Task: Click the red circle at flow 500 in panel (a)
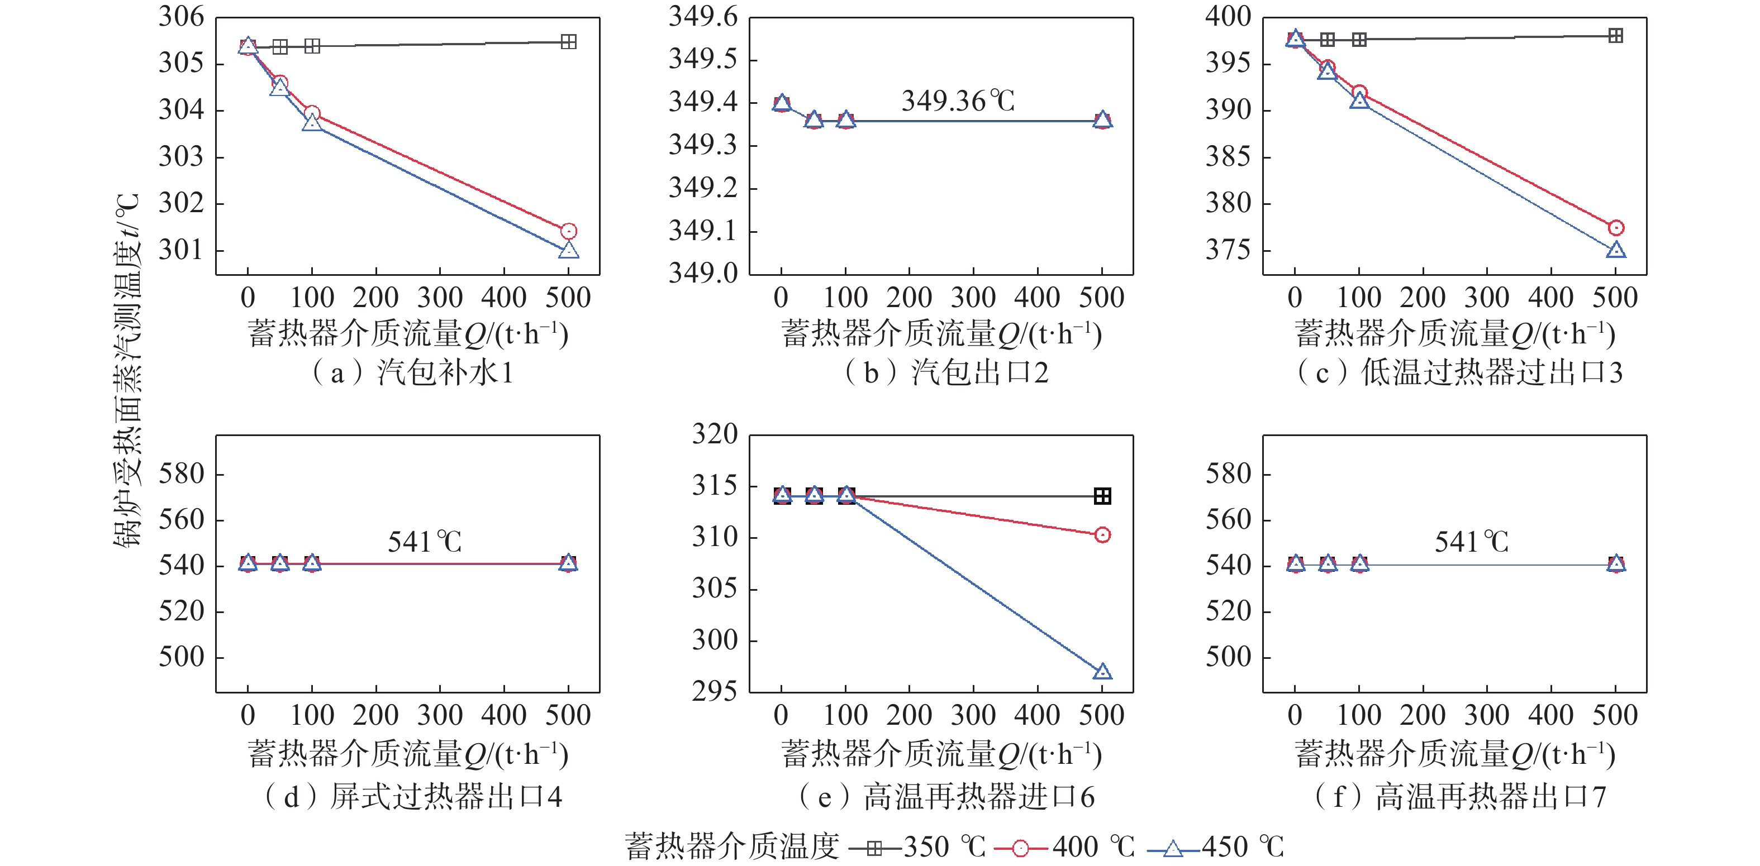coord(568,231)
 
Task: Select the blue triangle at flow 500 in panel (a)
coord(568,251)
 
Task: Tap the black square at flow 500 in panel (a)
coord(568,42)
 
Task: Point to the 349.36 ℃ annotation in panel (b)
coord(958,101)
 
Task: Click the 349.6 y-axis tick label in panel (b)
coord(703,16)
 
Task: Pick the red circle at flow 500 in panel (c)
coord(1615,227)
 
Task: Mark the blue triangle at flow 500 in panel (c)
coord(1615,250)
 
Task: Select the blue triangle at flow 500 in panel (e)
coord(1101,672)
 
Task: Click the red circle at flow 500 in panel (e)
coord(1101,535)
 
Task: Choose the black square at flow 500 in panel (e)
coord(1101,496)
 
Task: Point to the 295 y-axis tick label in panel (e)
coord(715,691)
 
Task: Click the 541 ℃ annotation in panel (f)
coord(1471,542)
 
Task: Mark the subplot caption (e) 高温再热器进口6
coord(946,796)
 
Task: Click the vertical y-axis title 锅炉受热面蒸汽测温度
coord(128,369)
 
